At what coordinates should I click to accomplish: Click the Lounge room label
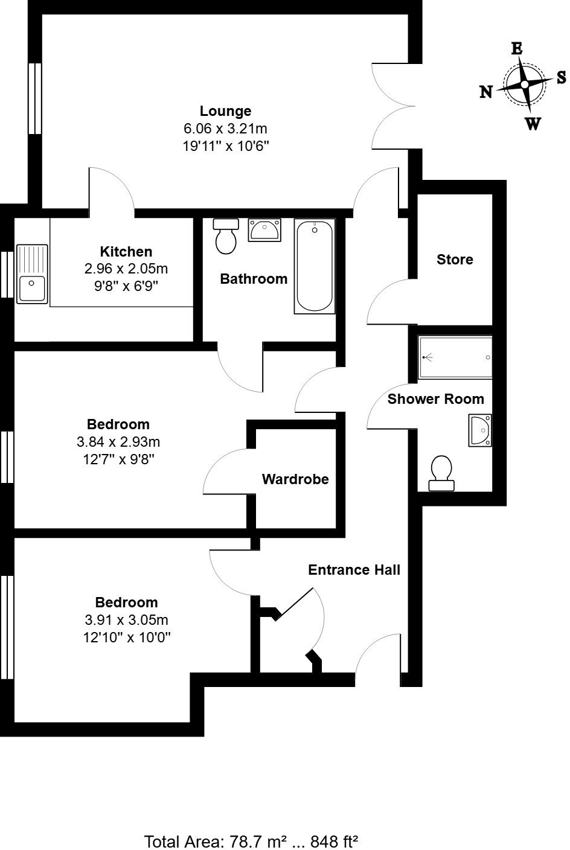pos(225,111)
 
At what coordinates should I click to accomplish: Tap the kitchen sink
pos(32,273)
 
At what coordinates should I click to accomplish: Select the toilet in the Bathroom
pos(226,237)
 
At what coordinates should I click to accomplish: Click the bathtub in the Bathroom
pos(314,266)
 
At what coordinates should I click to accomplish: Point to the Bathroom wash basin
pos(264,230)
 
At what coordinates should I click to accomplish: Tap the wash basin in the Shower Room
pos(481,430)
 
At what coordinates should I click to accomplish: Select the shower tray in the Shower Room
pos(456,357)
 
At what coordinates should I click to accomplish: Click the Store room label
pos(455,260)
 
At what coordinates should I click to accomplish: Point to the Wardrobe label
pos(295,479)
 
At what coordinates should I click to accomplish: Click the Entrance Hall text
pos(354,570)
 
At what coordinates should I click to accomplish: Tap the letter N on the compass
pos(486,92)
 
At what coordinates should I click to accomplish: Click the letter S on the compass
pos(561,77)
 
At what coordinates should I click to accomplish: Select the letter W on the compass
pos(533,124)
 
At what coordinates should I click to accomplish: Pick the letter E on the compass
pos(517,49)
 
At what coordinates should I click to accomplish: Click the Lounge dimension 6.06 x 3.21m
pos(225,129)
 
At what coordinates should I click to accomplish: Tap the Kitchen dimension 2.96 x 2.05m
pos(126,269)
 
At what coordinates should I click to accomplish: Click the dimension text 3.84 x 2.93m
pos(118,442)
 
